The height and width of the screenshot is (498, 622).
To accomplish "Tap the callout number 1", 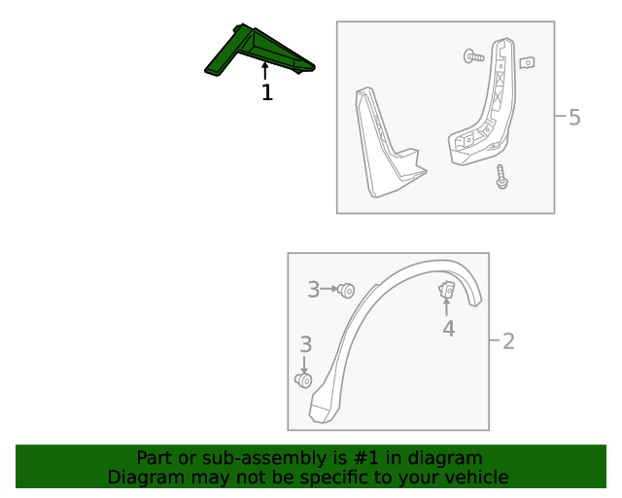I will click(266, 92).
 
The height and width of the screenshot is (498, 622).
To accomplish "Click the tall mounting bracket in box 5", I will click(486, 107).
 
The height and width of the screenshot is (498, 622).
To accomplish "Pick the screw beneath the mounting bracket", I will click(501, 177).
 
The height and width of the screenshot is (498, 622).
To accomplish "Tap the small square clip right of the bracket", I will click(528, 62).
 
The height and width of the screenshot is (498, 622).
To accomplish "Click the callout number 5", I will click(574, 118).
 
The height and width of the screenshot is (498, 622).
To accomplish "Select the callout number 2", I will click(508, 341).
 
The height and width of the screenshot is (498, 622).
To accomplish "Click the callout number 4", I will click(448, 329).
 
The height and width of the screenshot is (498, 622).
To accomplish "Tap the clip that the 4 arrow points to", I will click(448, 290).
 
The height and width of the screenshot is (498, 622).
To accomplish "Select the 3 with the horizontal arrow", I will click(314, 289).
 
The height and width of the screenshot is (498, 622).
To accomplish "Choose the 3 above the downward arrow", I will click(306, 344).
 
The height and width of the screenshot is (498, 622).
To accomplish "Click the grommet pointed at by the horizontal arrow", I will click(347, 290).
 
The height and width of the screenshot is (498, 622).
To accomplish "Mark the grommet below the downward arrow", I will click(303, 380).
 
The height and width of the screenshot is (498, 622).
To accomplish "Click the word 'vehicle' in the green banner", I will click(476, 478).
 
